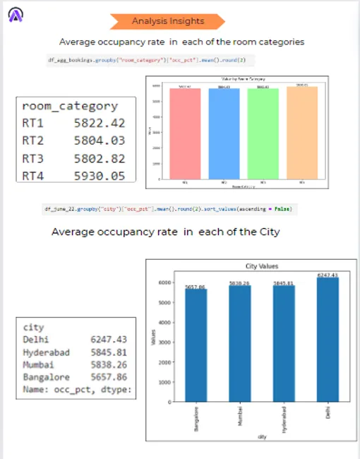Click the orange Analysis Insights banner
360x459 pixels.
click(168, 21)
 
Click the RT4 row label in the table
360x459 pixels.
click(33, 176)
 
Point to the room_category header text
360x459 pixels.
click(70, 106)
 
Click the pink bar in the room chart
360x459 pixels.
click(185, 133)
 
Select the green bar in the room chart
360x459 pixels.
click(263, 133)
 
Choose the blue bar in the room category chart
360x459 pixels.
click(224, 133)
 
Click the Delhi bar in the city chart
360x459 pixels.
click(328, 340)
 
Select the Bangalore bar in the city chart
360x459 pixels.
click(195, 345)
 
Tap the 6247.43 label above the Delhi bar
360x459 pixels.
click(328, 275)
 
